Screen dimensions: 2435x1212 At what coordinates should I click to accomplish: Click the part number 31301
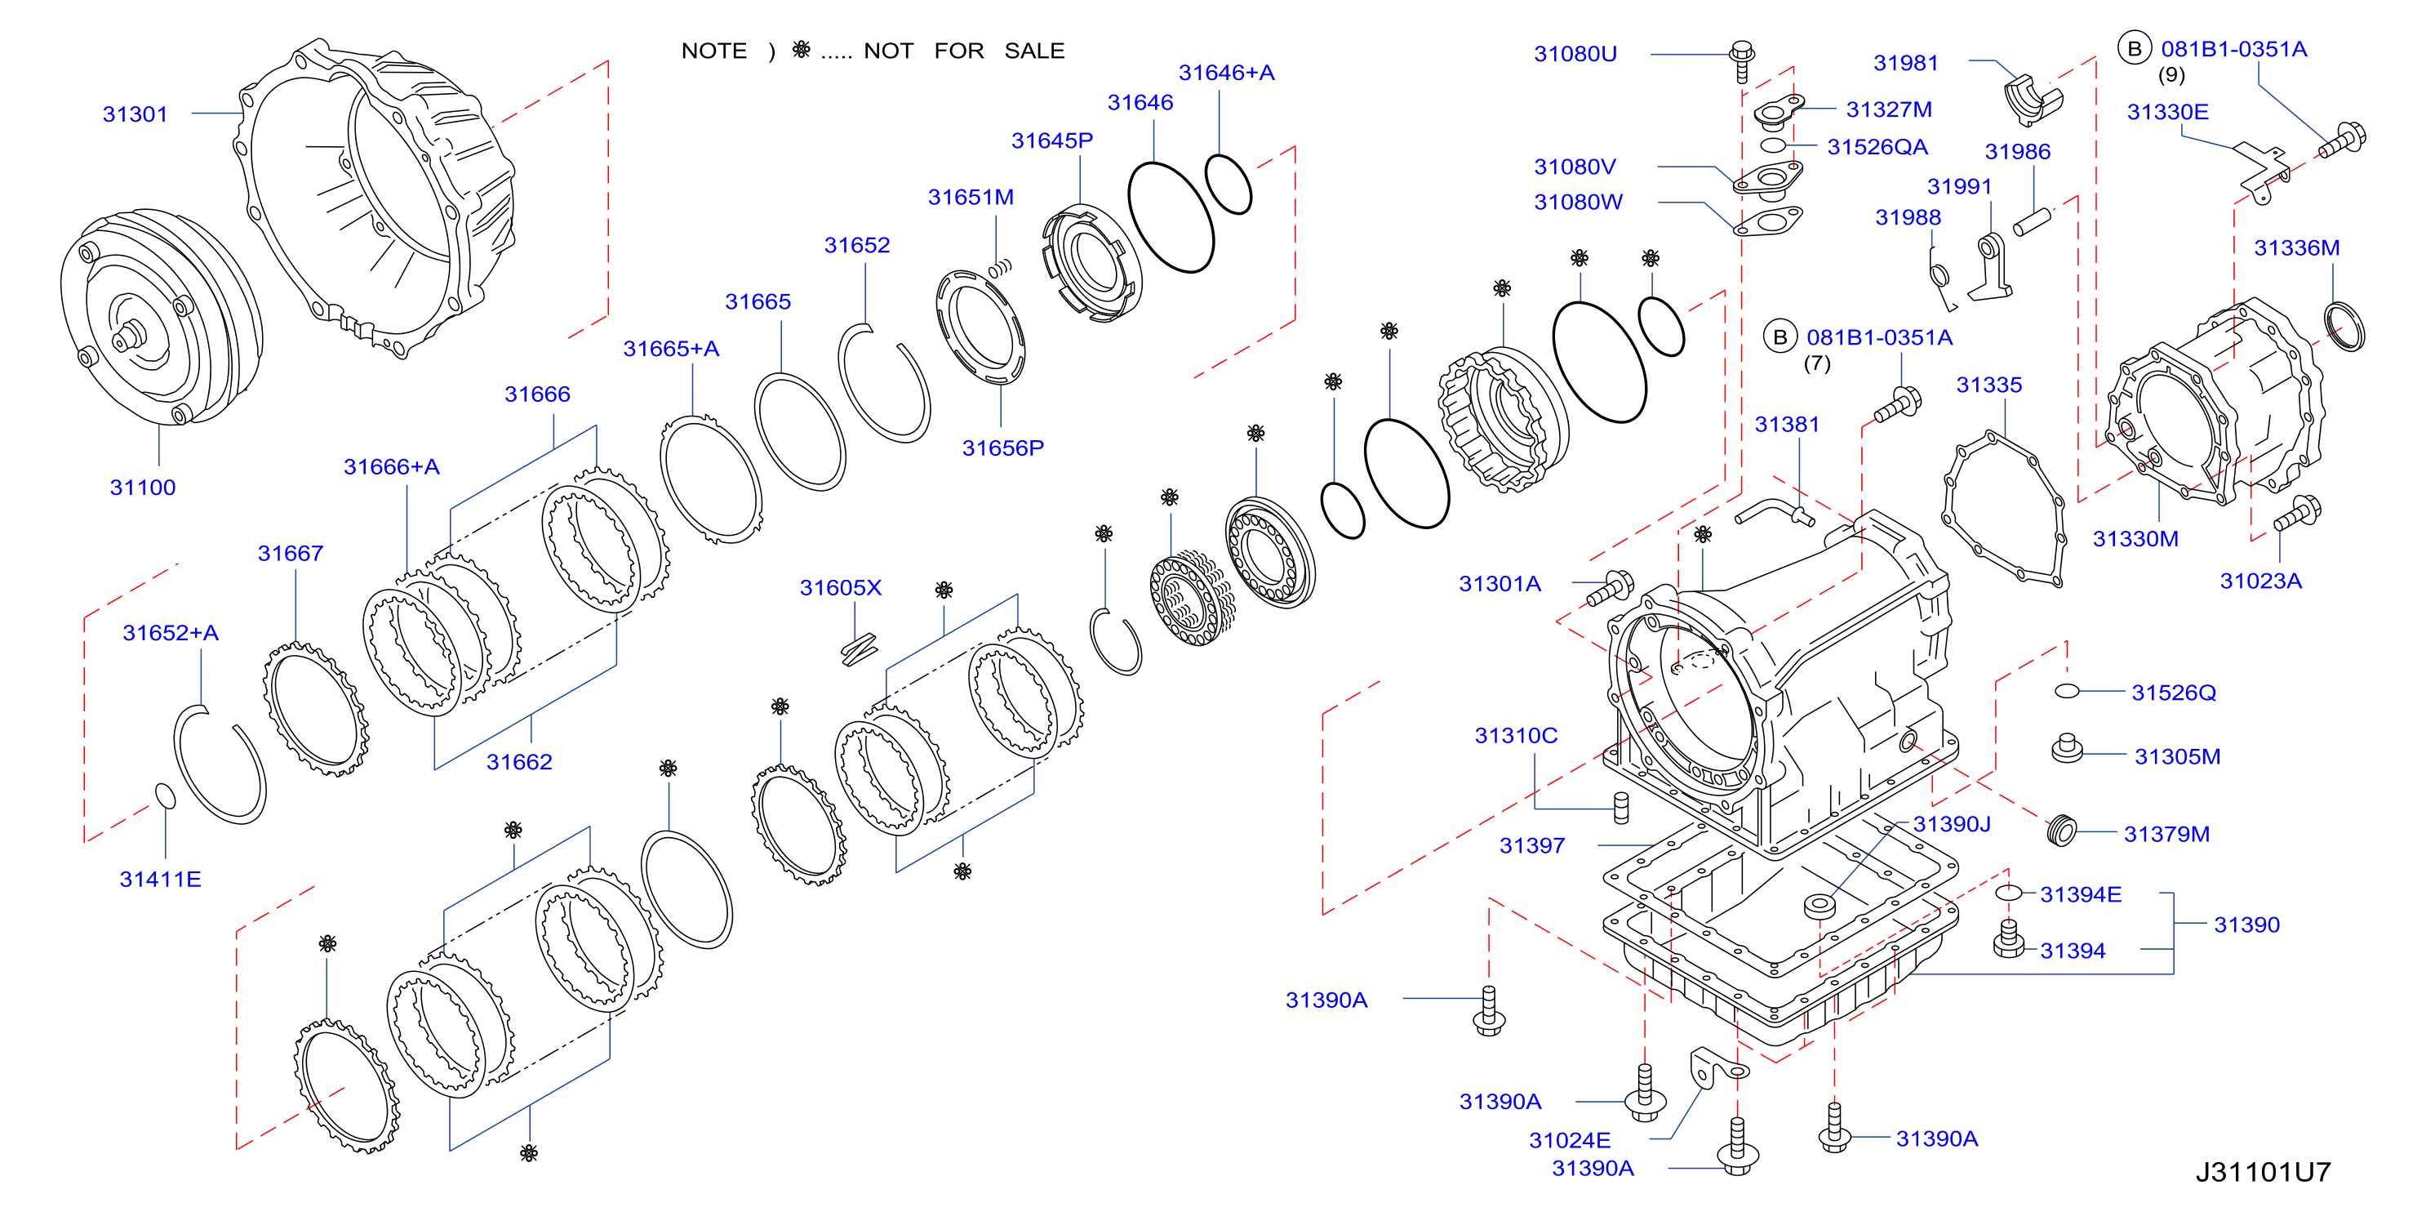pyautogui.click(x=136, y=114)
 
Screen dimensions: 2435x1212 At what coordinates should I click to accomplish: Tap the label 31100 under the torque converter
pyautogui.click(x=143, y=488)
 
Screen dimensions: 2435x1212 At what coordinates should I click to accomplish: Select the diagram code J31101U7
pyautogui.click(x=2263, y=1172)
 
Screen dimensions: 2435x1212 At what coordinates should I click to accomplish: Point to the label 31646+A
pyautogui.click(x=1226, y=73)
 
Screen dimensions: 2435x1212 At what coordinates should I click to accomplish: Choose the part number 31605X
pyautogui.click(x=840, y=588)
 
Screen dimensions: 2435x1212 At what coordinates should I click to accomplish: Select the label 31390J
pyautogui.click(x=1952, y=824)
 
